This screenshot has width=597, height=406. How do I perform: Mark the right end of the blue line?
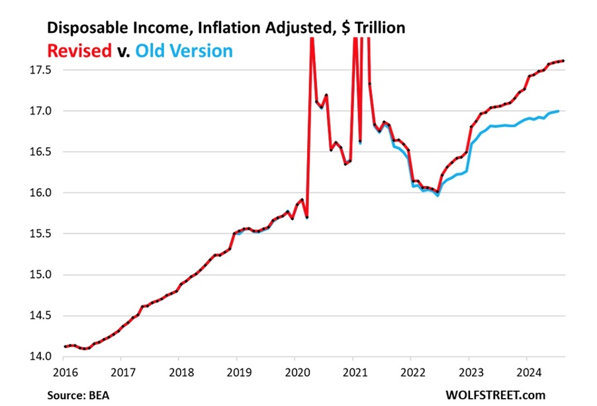pyautogui.click(x=558, y=111)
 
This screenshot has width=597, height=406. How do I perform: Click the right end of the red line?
pyautogui.click(x=563, y=61)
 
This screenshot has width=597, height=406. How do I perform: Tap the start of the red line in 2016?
pyautogui.click(x=64, y=346)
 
